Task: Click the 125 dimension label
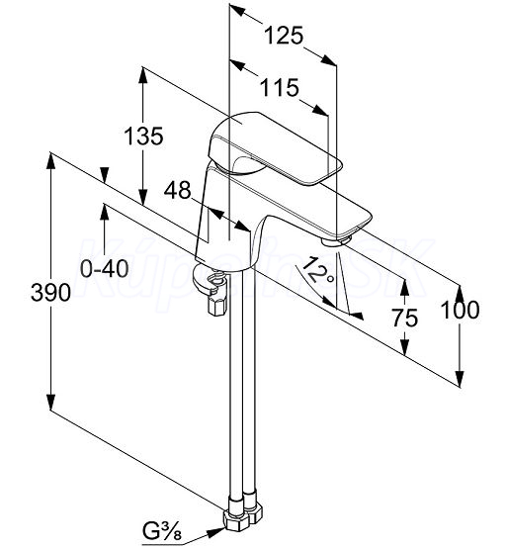pyautogui.click(x=283, y=36)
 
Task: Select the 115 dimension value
pyautogui.click(x=279, y=87)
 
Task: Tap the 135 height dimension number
pyautogui.click(x=144, y=136)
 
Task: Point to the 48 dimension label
pyautogui.click(x=178, y=190)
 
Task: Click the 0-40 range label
pyautogui.click(x=105, y=269)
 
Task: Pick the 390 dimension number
pyautogui.click(x=50, y=293)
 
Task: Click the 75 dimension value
pyautogui.click(x=405, y=318)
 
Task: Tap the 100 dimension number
pyautogui.click(x=460, y=310)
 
